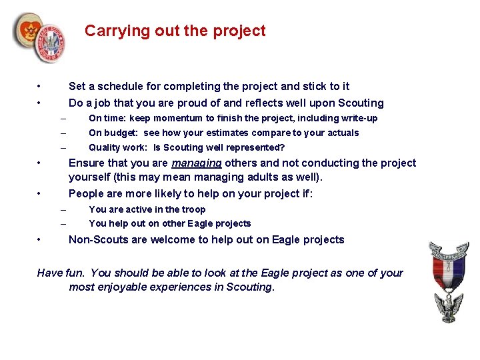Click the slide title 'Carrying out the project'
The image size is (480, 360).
(175, 31)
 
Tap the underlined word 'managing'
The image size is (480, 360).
(196, 163)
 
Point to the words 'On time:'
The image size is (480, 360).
(107, 118)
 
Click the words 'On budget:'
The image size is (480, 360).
(114, 133)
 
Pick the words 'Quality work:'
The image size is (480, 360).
(119, 147)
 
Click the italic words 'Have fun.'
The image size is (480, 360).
(61, 273)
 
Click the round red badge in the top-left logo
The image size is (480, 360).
(29, 30)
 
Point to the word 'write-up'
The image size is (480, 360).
(359, 118)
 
